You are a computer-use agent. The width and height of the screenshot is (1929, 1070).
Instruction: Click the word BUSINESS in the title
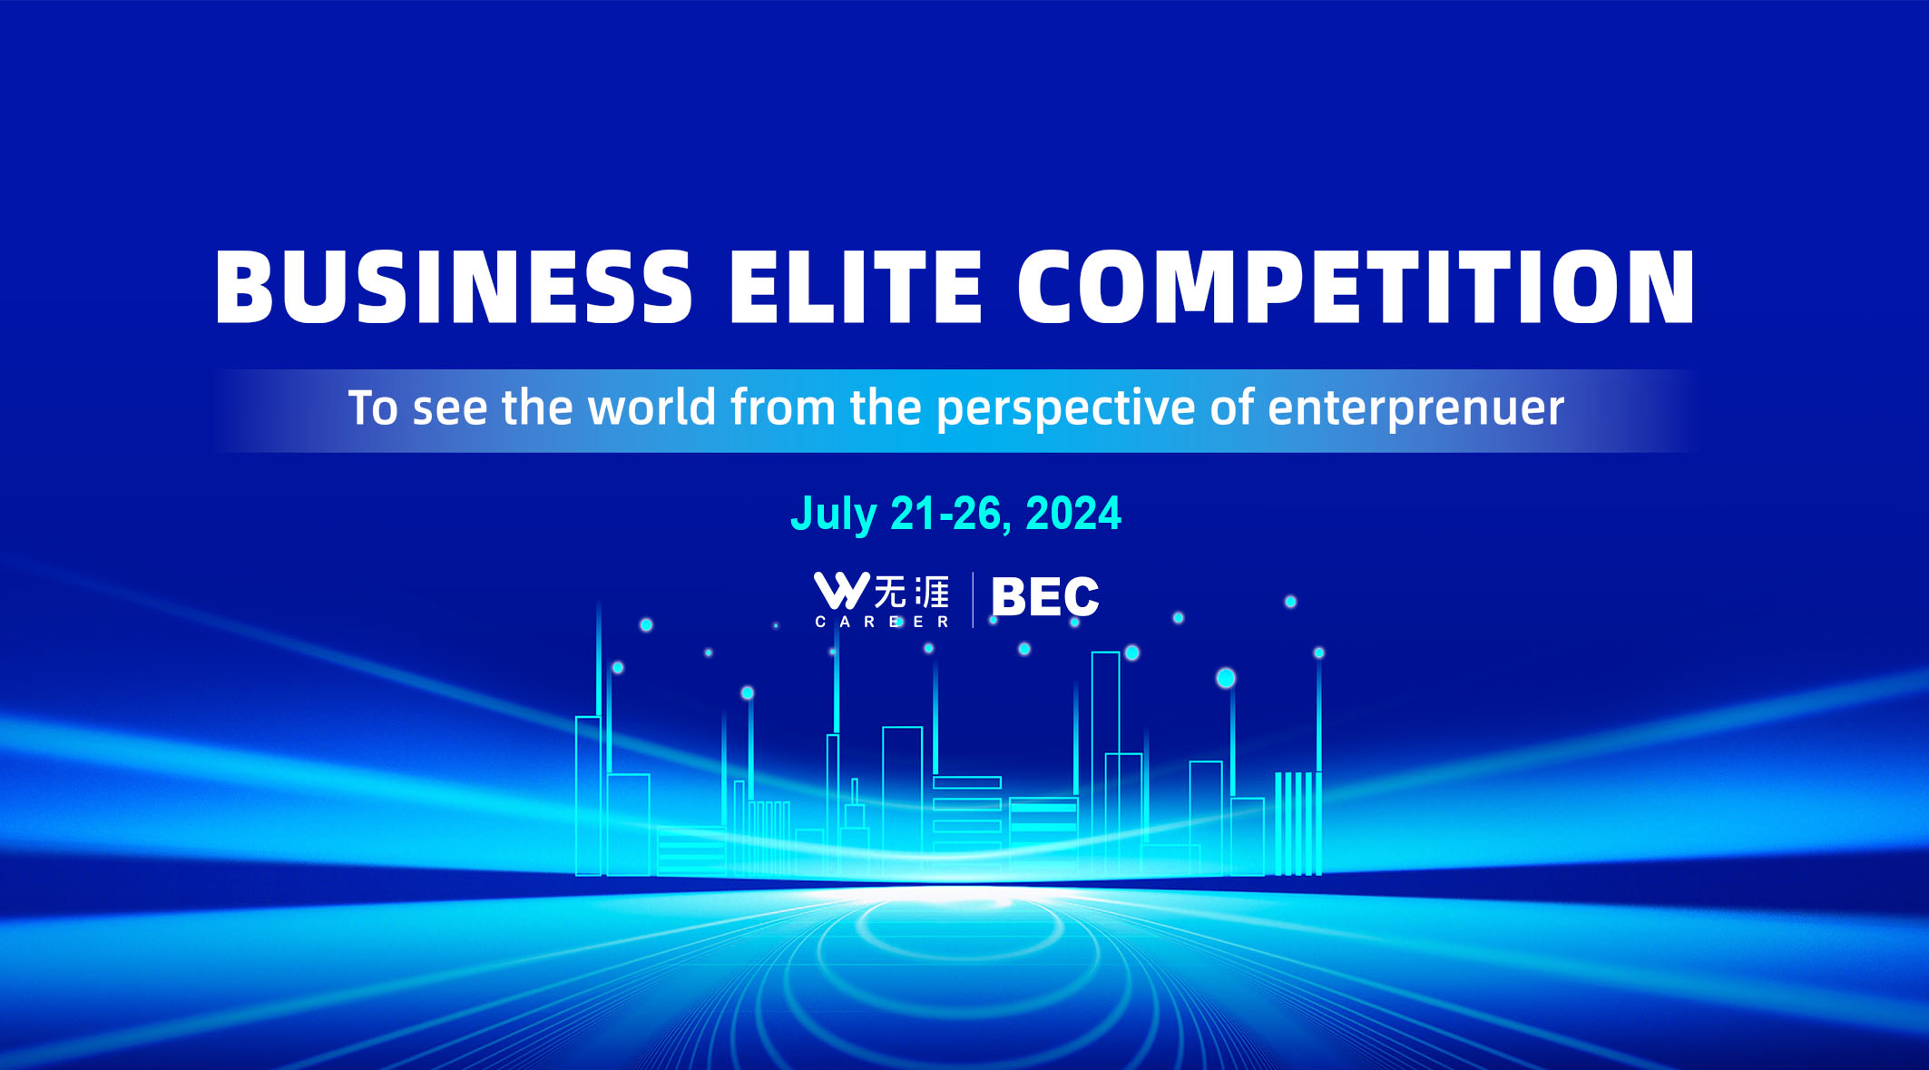coord(454,287)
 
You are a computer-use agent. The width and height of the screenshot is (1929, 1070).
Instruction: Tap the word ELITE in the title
coord(856,287)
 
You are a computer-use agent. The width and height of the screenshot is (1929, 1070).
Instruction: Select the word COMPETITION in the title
coord(1356,287)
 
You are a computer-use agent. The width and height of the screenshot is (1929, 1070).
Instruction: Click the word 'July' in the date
coord(834,515)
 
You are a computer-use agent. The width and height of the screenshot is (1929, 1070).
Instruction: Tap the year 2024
coord(1073,514)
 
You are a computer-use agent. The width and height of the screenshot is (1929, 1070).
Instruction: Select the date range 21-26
coord(945,514)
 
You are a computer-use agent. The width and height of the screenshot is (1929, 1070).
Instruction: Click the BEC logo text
coord(1045,597)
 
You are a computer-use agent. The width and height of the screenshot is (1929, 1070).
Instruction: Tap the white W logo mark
coord(841,590)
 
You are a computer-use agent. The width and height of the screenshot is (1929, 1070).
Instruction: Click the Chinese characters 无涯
coord(911,592)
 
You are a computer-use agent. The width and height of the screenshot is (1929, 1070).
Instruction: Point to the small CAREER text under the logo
coord(882,622)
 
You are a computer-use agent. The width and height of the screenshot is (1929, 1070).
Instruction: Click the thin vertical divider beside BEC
coord(973,600)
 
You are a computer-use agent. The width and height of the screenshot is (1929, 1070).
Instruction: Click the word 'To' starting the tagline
coord(373,407)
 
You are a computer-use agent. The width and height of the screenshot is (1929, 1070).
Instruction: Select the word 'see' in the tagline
coord(451,410)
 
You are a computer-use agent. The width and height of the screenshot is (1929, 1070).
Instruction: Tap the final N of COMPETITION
coord(1662,287)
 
